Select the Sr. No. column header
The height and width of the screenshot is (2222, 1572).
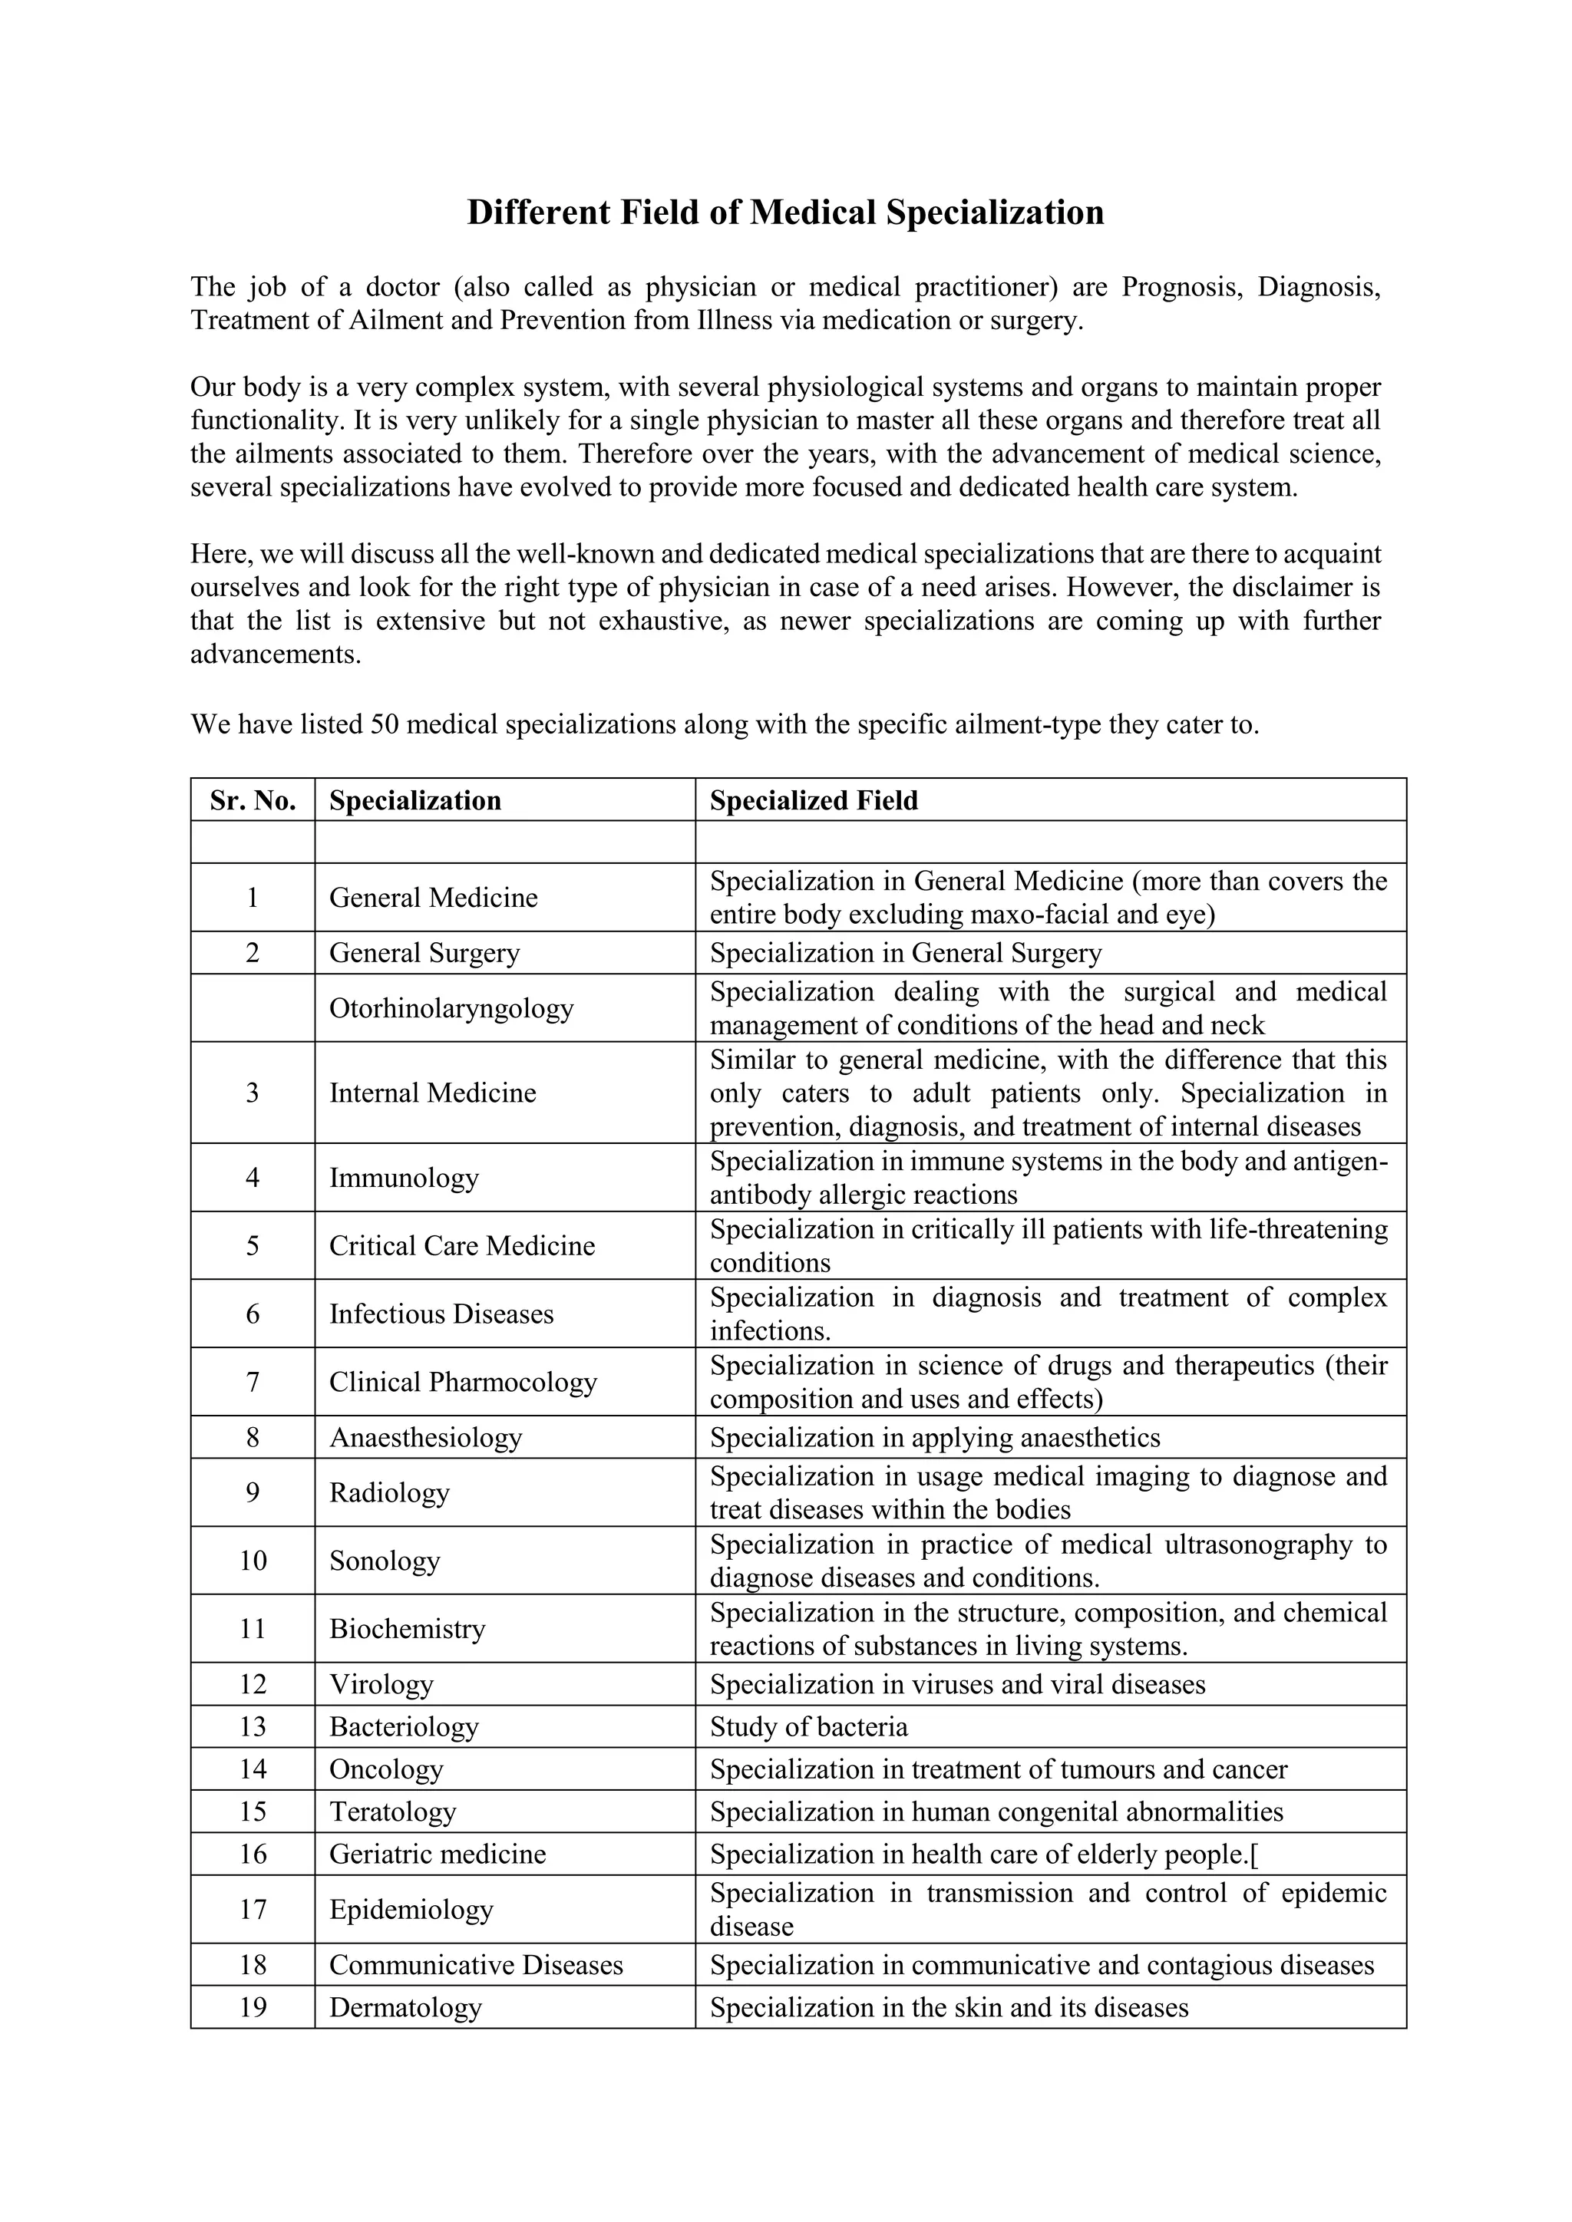point(253,800)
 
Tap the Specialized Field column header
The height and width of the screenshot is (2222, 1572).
point(813,800)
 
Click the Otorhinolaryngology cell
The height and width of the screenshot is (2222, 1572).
point(451,1008)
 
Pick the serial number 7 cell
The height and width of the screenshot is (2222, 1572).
point(253,1382)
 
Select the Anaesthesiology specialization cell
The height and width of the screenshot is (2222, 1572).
point(425,1437)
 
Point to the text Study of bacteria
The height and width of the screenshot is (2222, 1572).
point(808,1726)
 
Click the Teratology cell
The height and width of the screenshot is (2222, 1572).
point(392,1812)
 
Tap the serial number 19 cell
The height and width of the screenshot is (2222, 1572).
point(253,2007)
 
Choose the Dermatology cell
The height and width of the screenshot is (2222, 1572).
point(405,2007)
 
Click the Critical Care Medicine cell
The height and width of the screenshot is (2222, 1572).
point(462,1245)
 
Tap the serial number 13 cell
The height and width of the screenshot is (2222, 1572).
point(253,1726)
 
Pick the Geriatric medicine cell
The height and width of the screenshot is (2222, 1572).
point(437,1854)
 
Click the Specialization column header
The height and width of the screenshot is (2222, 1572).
point(414,800)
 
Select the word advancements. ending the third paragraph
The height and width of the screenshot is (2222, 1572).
point(275,654)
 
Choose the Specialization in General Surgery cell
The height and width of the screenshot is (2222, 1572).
point(905,953)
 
